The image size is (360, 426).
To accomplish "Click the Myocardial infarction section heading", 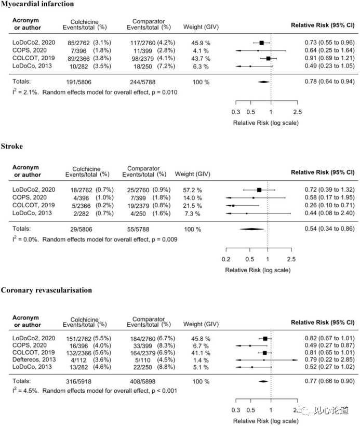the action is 37,4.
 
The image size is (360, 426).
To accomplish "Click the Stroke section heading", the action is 12,146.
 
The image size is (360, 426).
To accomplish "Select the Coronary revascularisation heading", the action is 46,290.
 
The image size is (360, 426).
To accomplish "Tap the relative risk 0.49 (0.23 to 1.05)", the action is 329,66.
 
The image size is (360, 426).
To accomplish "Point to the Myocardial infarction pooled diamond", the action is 263,82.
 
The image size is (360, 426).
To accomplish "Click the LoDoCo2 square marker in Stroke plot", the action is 259,190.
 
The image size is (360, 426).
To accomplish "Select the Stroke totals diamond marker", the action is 252,229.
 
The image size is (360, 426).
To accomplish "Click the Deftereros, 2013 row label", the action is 34,360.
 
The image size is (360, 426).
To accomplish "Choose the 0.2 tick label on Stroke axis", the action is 226,259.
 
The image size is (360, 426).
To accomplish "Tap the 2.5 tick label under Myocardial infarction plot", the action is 298,112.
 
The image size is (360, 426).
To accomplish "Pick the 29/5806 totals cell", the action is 81,229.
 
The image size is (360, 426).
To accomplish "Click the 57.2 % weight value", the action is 192,190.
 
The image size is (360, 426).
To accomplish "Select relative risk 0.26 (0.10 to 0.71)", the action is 329,205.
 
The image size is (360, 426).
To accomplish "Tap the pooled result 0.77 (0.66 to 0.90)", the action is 329,381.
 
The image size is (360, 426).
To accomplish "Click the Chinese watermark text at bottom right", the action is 331,410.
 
